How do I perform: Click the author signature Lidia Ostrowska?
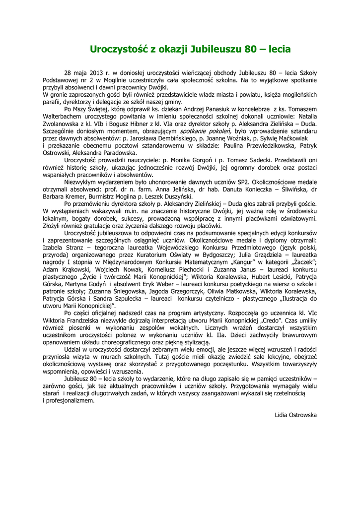point(295,415)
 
